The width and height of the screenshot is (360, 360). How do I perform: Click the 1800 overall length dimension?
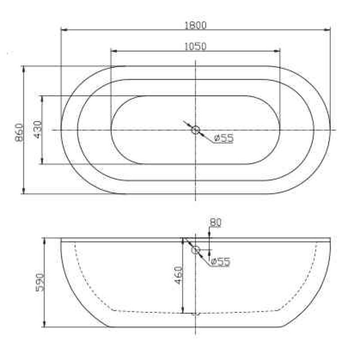[195, 25]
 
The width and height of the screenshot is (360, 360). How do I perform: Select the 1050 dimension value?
[195, 46]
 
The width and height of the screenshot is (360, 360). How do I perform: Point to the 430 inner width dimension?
[37, 130]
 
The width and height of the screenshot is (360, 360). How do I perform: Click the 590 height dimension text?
[39, 282]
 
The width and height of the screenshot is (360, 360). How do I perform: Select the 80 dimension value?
[216, 222]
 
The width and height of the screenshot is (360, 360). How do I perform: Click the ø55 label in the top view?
[224, 139]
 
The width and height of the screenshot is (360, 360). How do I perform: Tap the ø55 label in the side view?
[220, 261]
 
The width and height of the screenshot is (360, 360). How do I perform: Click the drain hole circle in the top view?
[195, 130]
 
